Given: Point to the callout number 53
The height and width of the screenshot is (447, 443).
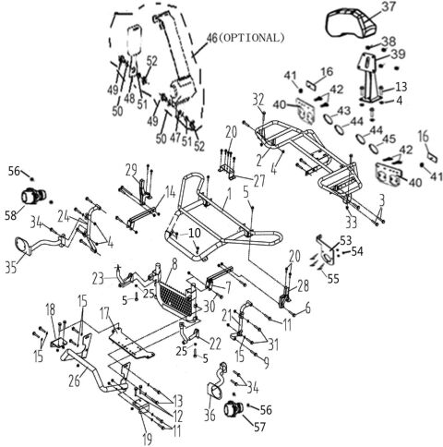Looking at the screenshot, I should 346,240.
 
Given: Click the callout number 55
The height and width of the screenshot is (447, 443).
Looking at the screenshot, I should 332,274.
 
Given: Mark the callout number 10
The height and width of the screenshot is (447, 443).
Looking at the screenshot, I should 195,235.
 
